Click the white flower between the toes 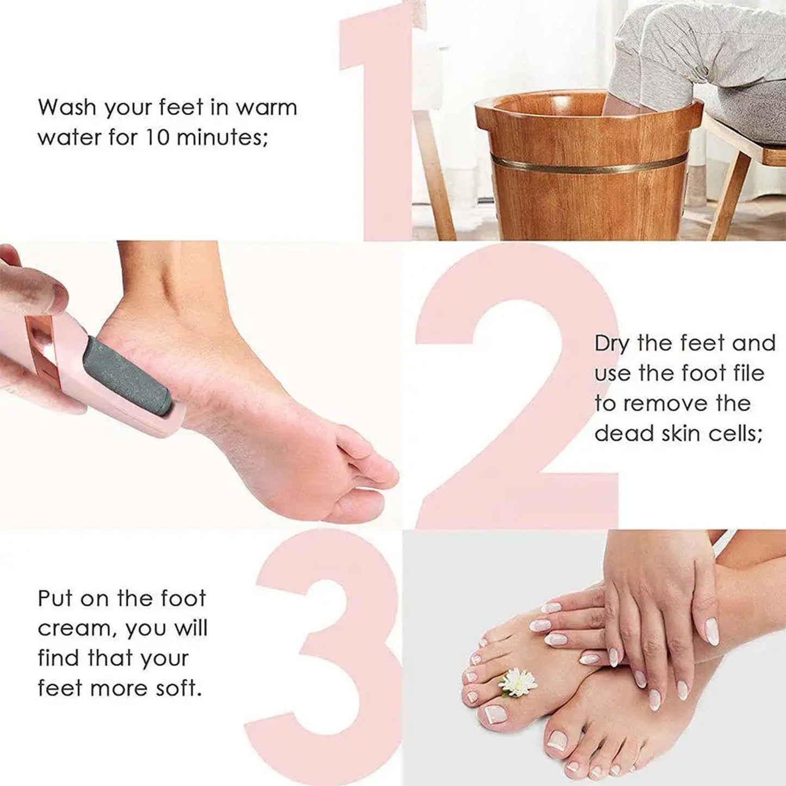point(517,682)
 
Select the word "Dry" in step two point(611,344)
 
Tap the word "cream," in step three point(77,629)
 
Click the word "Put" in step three point(54,599)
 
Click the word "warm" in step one point(266,107)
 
